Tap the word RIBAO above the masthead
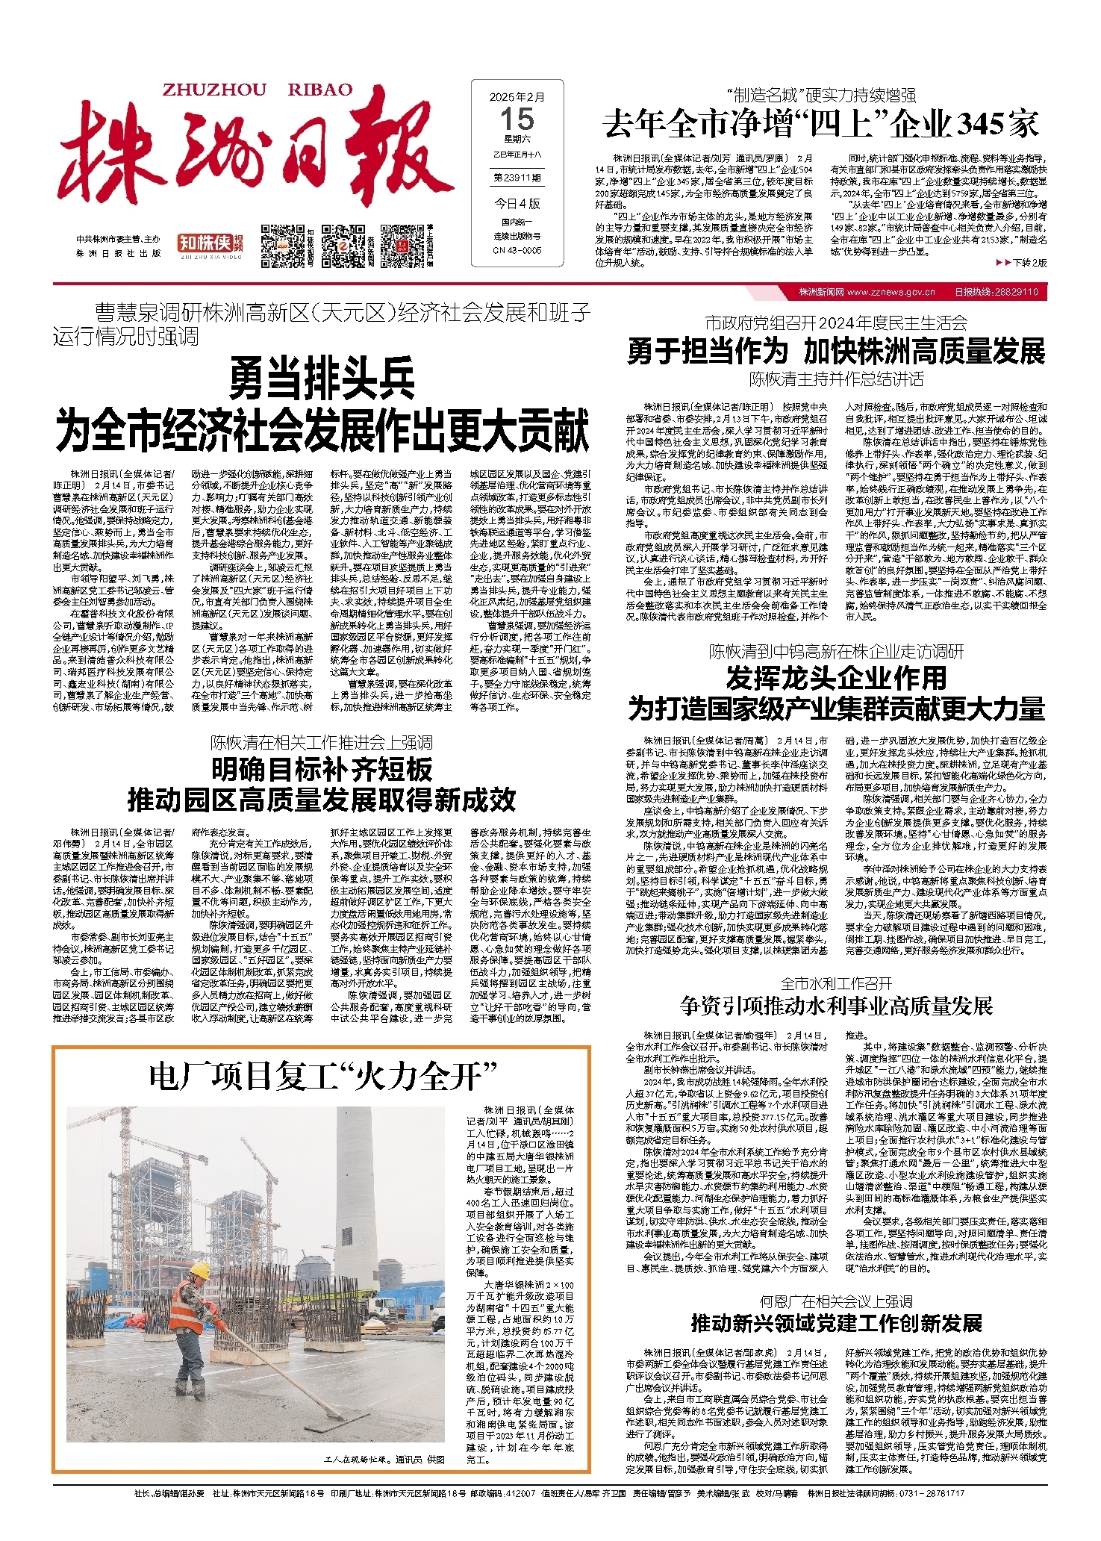pos(319,90)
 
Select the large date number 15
pos(517,119)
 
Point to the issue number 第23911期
pos(517,178)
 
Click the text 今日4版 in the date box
pos(517,203)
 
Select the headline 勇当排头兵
pos(322,379)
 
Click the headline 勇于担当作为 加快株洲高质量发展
pos(836,351)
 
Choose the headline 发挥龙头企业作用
pos(836,679)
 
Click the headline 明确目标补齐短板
pos(322,769)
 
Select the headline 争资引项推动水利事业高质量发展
pos(836,1006)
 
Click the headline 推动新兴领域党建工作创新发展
pos(836,1324)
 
